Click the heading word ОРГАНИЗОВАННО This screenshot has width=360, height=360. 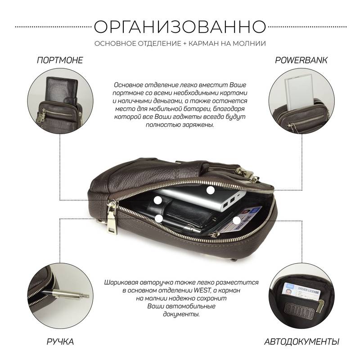pyautogui.click(x=180, y=27)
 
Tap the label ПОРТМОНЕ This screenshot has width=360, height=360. pyautogui.click(x=60, y=60)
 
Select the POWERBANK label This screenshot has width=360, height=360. pyautogui.click(x=301, y=60)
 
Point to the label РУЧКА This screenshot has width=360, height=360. pyautogui.click(x=60, y=342)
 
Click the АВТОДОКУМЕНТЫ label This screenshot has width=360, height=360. pyautogui.click(x=301, y=342)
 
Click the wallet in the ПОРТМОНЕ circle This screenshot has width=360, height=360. pyautogui.click(x=62, y=90)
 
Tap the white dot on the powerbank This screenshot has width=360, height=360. pyautogui.click(x=211, y=190)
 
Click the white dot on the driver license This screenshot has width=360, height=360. pyautogui.click(x=237, y=220)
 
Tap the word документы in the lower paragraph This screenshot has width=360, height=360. pyautogui.click(x=181, y=314)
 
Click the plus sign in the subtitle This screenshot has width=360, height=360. pyautogui.click(x=185, y=43)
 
